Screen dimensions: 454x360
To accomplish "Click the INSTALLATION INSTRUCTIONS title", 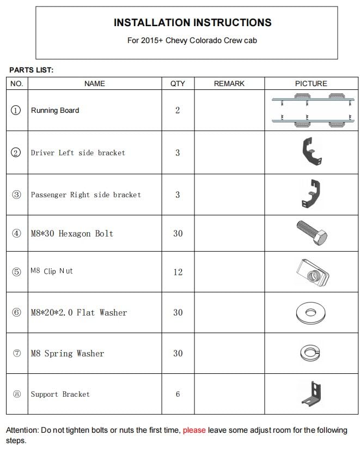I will [192, 22].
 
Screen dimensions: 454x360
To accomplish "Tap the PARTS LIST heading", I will [31, 70].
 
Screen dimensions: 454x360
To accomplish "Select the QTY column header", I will [178, 83].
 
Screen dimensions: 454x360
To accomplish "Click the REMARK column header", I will [229, 83].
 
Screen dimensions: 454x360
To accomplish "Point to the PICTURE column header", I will [311, 83].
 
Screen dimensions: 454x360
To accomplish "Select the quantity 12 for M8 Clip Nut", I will [178, 272].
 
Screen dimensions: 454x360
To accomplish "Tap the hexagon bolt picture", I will [312, 233].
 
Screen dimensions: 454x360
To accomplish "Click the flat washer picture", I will [311, 312].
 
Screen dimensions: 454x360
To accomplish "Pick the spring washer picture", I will [310, 353].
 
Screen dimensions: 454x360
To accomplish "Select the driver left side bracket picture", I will [311, 153].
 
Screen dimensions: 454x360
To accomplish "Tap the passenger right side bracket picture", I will [312, 195].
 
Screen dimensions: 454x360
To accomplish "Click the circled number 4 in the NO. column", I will [16, 233].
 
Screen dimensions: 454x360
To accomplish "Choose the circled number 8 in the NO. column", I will [16, 394].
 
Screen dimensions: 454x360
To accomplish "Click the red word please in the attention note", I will [194, 430].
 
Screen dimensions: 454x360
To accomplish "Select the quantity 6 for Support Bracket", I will [178, 394].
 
